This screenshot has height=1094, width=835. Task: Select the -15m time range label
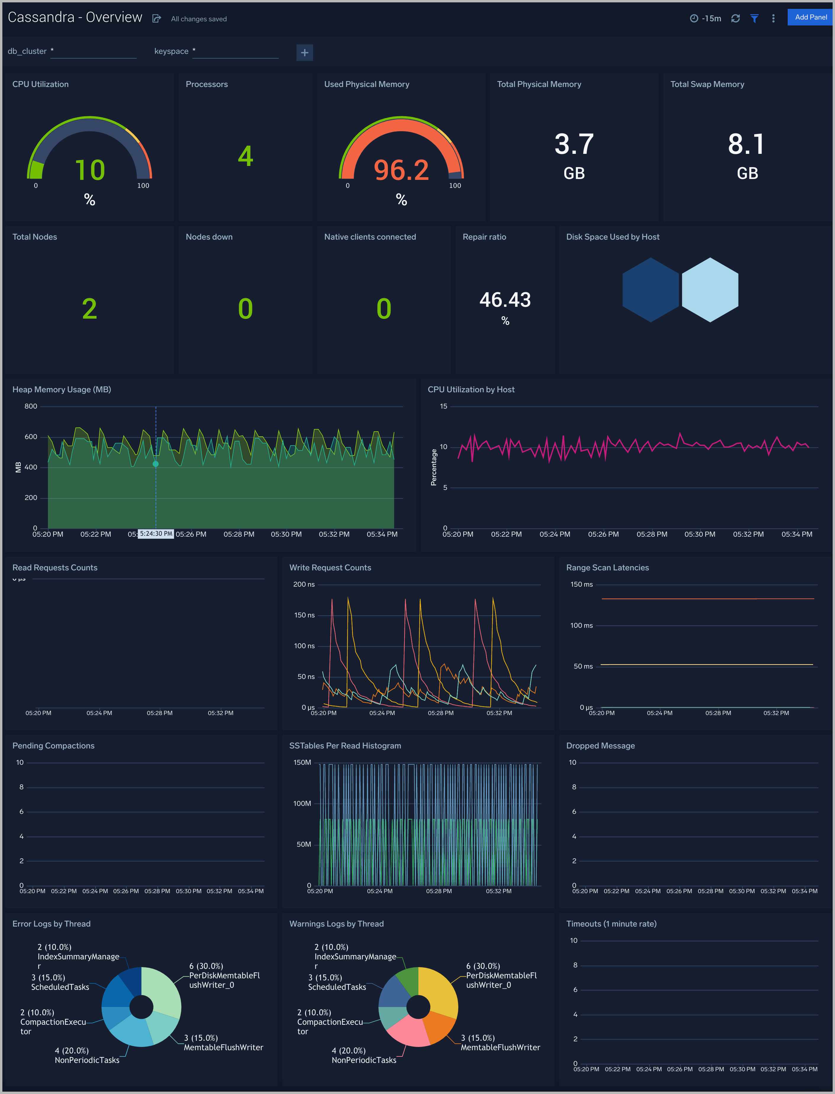coord(711,18)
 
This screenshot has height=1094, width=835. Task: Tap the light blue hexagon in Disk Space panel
coord(710,290)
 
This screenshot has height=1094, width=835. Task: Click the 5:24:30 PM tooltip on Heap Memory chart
coord(156,534)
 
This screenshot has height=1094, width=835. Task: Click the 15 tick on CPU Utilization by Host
coord(443,406)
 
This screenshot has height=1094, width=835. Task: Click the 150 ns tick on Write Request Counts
coord(304,615)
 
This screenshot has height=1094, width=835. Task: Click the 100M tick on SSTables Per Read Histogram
coord(302,803)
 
